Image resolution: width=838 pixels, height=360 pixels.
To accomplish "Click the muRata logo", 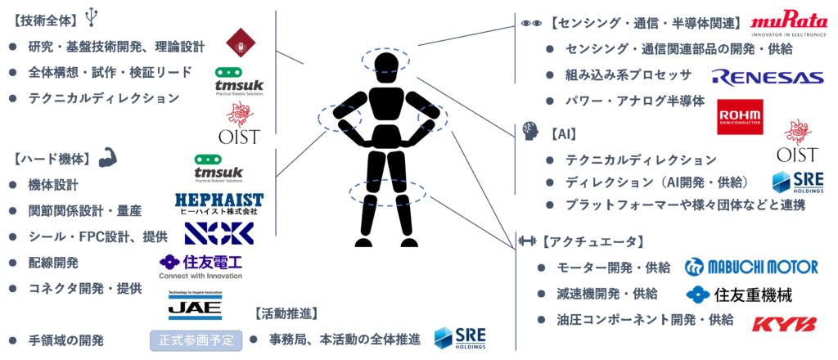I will [x=790, y=23].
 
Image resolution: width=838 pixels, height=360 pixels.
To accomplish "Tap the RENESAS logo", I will [x=768, y=78].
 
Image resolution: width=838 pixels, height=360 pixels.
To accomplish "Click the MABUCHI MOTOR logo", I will [x=751, y=267].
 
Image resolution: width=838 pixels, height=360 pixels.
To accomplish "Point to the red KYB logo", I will [x=784, y=324].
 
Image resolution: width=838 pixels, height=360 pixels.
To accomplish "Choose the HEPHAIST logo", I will [x=219, y=204].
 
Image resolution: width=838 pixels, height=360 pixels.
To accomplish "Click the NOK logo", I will [x=219, y=233].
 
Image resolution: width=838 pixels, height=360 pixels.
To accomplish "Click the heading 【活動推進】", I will [x=287, y=313].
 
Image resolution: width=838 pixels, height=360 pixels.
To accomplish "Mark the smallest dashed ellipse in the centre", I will [x=432, y=117].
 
